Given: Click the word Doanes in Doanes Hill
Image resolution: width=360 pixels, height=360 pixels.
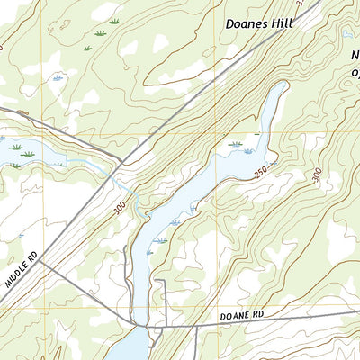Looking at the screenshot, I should tap(246, 24).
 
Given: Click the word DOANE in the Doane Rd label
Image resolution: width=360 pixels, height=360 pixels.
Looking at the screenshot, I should tap(234, 319).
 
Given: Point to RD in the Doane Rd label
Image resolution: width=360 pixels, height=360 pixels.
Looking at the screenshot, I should tap(261, 317).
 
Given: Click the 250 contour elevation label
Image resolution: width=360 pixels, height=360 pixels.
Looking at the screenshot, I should tap(261, 172).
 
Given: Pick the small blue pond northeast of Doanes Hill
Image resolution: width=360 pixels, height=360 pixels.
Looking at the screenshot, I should tap(346, 35).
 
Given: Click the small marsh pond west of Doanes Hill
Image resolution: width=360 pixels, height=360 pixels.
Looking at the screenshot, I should tap(58, 79).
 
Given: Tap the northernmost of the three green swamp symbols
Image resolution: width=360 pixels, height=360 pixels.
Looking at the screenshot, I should tap(113, 20).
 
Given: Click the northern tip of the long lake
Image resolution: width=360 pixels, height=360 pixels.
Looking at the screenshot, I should tap(284, 85).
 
